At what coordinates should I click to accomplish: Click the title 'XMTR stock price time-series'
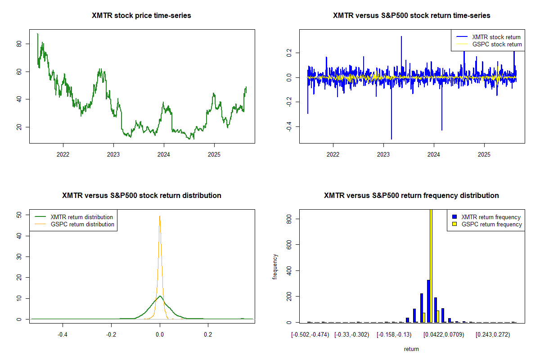(x=141, y=16)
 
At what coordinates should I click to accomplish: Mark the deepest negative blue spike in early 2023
(x=391, y=138)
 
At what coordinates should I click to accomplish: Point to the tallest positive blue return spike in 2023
(x=401, y=37)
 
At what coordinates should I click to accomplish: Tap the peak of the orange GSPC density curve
(x=160, y=216)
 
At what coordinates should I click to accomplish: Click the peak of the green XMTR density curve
(x=160, y=296)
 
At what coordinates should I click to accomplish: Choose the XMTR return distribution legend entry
(x=81, y=217)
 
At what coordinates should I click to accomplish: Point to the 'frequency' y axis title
(x=275, y=266)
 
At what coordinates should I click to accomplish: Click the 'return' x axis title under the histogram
(x=411, y=349)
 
